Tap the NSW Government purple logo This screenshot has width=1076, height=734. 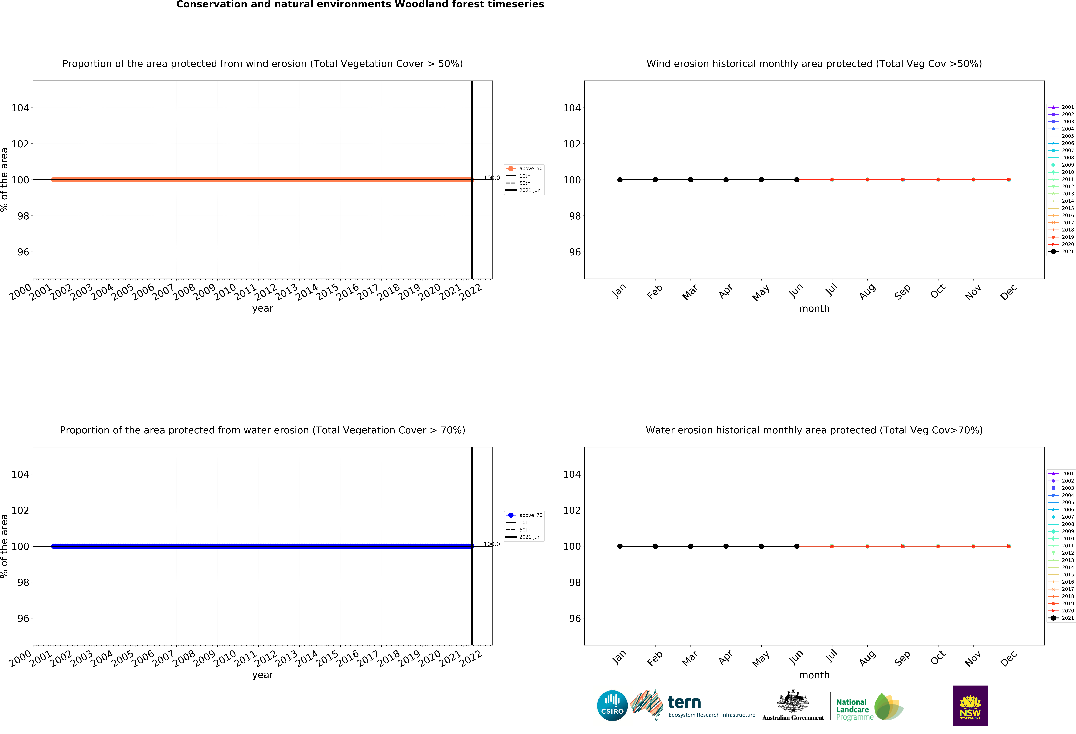[970, 705]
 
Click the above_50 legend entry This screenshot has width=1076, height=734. [524, 169]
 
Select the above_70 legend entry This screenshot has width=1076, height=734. [524, 515]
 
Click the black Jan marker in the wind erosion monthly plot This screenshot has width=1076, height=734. [620, 180]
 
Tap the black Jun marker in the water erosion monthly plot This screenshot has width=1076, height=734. [797, 546]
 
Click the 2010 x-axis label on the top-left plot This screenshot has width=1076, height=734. [225, 292]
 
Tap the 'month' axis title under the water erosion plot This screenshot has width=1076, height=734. [814, 675]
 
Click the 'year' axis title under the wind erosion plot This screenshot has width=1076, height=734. [263, 309]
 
